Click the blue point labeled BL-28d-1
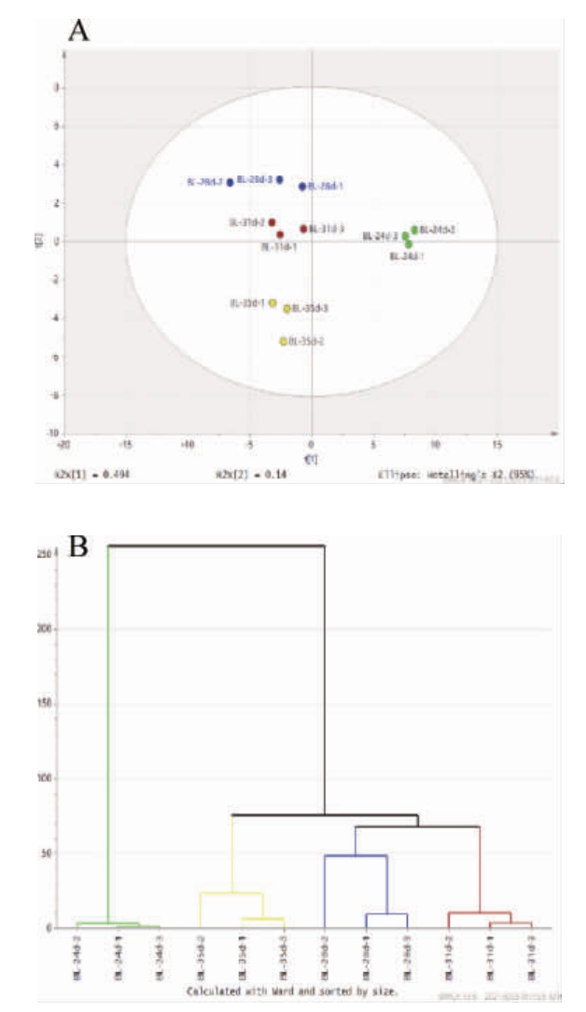point(302,187)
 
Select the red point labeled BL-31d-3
point(303,229)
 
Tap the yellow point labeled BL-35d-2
point(283,341)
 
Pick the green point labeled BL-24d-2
point(414,229)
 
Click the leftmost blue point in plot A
point(230,183)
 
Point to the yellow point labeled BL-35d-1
point(272,303)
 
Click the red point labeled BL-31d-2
point(272,223)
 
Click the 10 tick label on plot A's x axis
point(435,444)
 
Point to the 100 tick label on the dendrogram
point(42,778)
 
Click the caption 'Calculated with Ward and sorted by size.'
point(292,992)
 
